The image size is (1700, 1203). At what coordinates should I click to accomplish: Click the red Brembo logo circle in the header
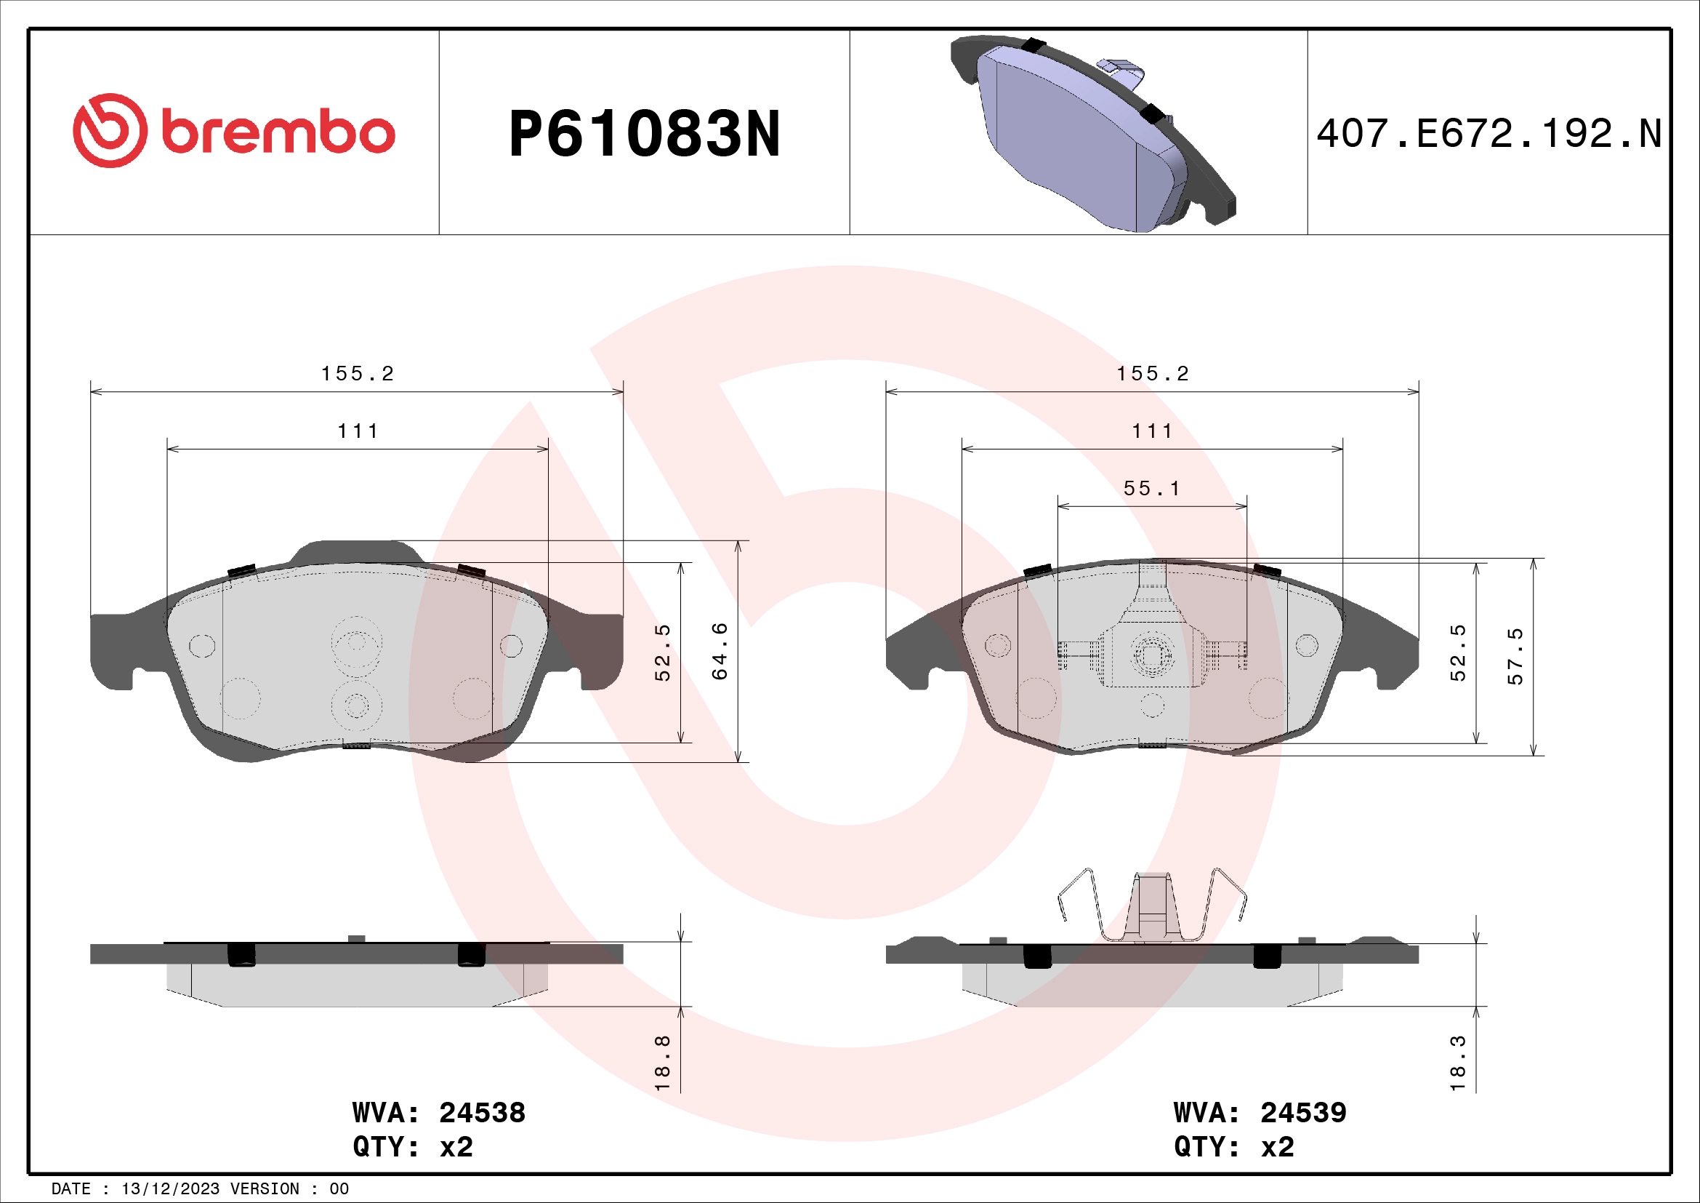pyautogui.click(x=110, y=130)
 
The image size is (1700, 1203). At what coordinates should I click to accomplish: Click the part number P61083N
pyautogui.click(x=644, y=134)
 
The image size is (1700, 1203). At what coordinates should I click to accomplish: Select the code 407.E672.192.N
pyautogui.click(x=1489, y=134)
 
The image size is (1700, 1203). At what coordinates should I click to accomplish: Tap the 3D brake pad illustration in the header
pyautogui.click(x=1092, y=134)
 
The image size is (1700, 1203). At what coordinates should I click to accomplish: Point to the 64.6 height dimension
pyautogui.click(x=720, y=651)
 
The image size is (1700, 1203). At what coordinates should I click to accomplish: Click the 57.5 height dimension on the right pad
pyautogui.click(x=1515, y=656)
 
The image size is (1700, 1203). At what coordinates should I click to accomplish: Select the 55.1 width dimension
pyautogui.click(x=1152, y=489)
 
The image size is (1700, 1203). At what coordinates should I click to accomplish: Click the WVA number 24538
pyautogui.click(x=482, y=1113)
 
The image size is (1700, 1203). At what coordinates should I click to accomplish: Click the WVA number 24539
pyautogui.click(x=1303, y=1113)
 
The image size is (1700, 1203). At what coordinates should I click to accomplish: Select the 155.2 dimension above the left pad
pyautogui.click(x=357, y=374)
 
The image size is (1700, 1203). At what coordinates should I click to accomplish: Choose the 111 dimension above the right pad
pyautogui.click(x=1152, y=431)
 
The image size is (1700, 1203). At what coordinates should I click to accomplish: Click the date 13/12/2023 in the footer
pyautogui.click(x=170, y=1189)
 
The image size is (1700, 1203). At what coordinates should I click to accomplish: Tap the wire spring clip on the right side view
pyautogui.click(x=1152, y=906)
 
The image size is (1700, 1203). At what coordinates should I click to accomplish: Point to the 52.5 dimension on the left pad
pyautogui.click(x=663, y=652)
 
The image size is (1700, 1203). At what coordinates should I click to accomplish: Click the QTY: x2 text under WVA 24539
pyautogui.click(x=1233, y=1148)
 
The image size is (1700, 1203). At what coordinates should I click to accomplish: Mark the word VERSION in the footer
pyautogui.click(x=265, y=1189)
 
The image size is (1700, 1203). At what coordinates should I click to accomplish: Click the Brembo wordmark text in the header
pyautogui.click(x=278, y=132)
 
